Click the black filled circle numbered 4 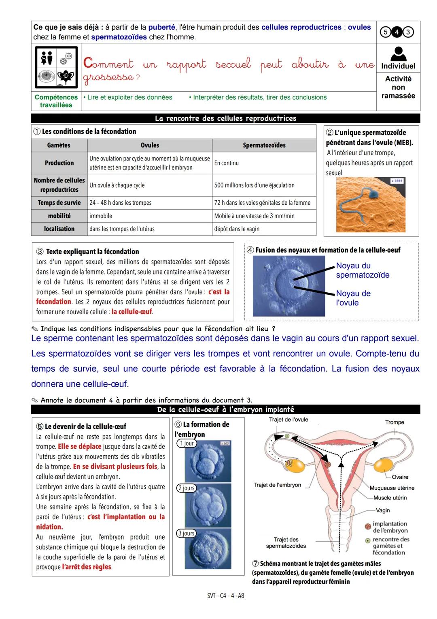click(x=397, y=32)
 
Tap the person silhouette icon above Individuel click(x=398, y=54)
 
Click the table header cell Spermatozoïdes click(x=264, y=145)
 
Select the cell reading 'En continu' click(x=227, y=163)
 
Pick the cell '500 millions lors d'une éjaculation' click(x=254, y=185)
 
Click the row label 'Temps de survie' click(x=59, y=203)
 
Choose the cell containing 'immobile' click(x=101, y=216)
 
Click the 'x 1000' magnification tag click(x=397, y=181)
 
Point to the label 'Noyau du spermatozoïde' click(x=363, y=270)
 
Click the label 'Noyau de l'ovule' click(x=353, y=298)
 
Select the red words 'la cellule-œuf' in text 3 click(x=132, y=312)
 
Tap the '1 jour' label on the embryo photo click(x=187, y=443)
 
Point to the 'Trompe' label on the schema click(x=395, y=422)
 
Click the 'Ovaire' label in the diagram click(x=400, y=477)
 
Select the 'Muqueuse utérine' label click(x=392, y=488)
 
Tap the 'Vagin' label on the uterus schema click(x=383, y=510)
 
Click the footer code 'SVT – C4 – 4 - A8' click(x=225, y=596)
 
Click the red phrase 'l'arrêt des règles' click(x=87, y=567)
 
